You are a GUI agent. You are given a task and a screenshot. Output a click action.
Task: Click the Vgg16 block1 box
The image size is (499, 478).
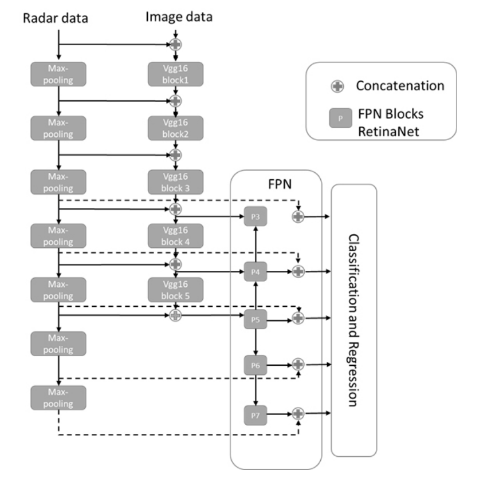point(175,74)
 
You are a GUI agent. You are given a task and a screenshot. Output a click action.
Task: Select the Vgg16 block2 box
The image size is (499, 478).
point(175,128)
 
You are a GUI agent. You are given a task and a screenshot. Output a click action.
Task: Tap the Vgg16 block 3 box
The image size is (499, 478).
point(175,181)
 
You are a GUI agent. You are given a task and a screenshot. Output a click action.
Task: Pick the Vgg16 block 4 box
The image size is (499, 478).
point(175,235)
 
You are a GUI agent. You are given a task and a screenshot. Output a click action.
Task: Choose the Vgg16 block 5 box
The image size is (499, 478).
point(175,289)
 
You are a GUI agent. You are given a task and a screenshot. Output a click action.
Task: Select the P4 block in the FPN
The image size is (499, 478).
point(256,272)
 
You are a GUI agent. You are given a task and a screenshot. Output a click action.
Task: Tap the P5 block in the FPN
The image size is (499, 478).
point(256,319)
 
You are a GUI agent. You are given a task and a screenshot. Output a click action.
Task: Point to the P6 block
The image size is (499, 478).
point(256,365)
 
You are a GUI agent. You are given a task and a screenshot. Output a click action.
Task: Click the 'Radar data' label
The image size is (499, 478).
point(55,18)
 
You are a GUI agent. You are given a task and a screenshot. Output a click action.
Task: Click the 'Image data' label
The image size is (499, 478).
point(179,16)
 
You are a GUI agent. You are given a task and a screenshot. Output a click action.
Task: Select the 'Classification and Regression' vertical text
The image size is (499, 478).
point(353,320)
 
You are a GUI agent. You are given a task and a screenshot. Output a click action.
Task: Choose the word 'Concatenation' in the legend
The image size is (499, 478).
point(400,86)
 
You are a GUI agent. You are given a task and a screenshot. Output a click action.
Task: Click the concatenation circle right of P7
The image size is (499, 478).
point(297,413)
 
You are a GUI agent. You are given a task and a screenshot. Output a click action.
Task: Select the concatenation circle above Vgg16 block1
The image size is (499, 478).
point(175,44)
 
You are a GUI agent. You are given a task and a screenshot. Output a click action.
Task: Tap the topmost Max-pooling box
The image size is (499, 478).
point(58,74)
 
